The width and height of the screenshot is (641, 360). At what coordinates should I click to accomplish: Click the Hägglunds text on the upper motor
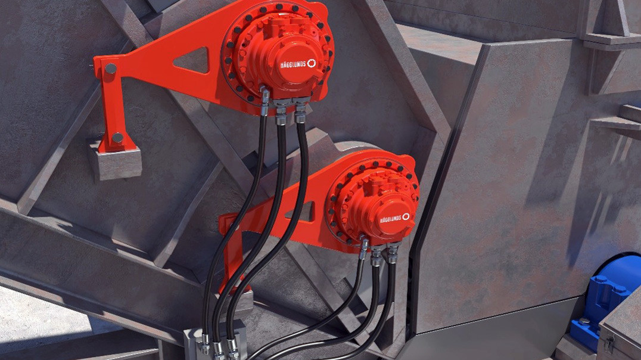pyautogui.click(x=293, y=64)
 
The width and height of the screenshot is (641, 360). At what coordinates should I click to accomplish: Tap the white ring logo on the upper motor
pyautogui.click(x=312, y=63)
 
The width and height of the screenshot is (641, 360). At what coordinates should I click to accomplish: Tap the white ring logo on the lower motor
pyautogui.click(x=406, y=217)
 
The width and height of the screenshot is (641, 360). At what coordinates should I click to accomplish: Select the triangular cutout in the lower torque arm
pyautogui.click(x=303, y=212)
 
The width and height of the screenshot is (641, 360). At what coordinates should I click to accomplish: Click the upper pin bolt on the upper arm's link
pyautogui.click(x=110, y=69)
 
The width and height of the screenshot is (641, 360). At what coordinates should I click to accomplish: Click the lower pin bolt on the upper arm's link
pyautogui.click(x=117, y=138)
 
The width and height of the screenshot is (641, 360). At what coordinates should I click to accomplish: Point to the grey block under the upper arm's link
pyautogui.click(x=114, y=160)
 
